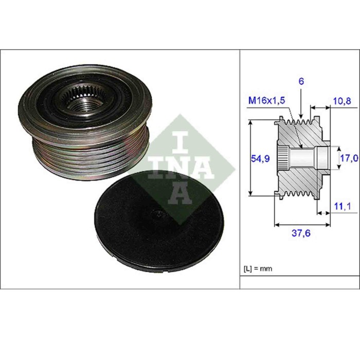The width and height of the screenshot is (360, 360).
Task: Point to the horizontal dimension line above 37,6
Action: pos(301,225)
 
